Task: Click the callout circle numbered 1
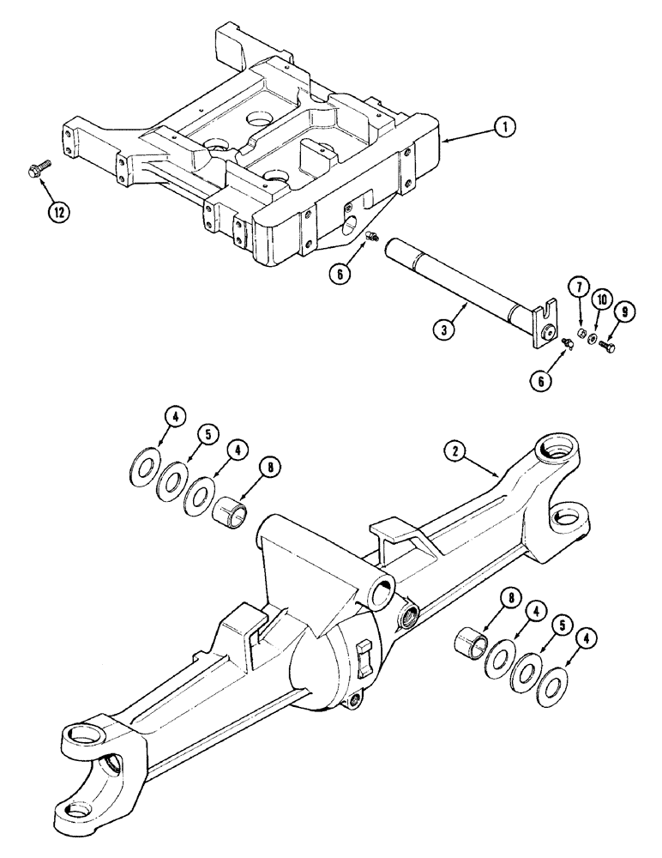point(505,127)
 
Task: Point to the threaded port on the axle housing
point(406,613)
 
